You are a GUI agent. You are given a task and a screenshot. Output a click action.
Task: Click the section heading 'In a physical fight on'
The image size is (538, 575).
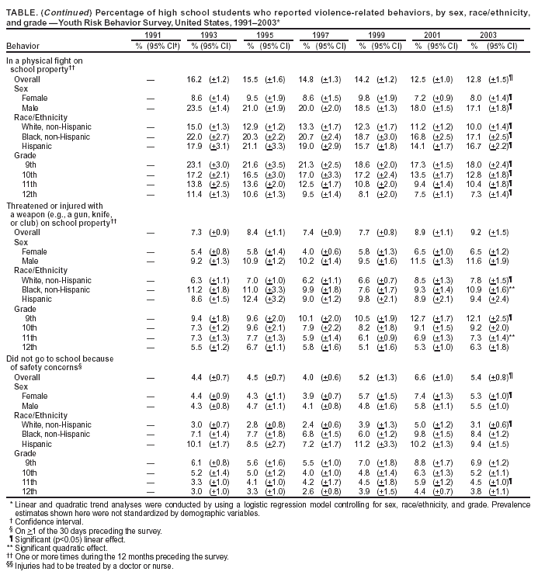(x=44, y=60)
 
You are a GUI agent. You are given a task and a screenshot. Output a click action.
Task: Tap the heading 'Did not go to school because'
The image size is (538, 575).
(x=56, y=359)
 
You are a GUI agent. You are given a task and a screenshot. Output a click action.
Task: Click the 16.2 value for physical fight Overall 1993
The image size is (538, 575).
(x=195, y=79)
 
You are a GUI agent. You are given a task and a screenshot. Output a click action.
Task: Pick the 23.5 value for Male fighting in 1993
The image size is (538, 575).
(x=195, y=107)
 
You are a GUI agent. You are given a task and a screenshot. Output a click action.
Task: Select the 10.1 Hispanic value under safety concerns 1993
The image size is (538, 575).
(x=195, y=445)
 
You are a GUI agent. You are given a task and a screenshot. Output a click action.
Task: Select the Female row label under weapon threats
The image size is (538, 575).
(x=34, y=251)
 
